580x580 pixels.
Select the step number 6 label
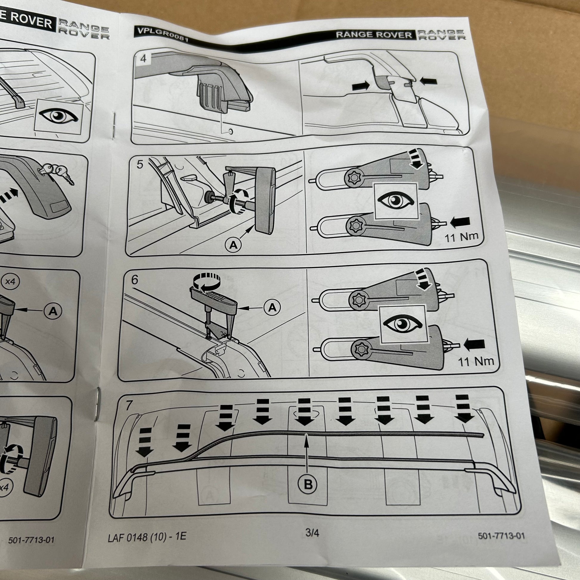point(135,280)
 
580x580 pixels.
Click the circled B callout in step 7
point(308,484)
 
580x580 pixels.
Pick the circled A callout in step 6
point(272,307)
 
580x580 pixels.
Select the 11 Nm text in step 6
point(476,361)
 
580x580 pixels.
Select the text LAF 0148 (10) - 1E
point(147,536)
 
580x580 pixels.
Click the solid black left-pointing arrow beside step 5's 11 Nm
point(460,222)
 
